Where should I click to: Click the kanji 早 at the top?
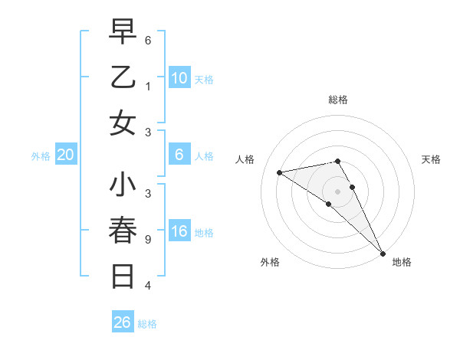[123, 32]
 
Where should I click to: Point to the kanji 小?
[123, 185]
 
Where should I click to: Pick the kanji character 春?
[123, 230]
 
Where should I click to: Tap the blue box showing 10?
[179, 78]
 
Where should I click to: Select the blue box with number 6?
[179, 155]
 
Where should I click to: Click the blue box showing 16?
[179, 232]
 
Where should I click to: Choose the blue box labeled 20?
[66, 155]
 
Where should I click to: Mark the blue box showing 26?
[122, 322]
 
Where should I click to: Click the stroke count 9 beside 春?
[148, 239]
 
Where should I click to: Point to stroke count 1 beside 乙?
[148, 87]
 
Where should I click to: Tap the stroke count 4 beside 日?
[148, 286]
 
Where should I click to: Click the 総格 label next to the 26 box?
[147, 324]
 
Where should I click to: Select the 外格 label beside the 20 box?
[41, 156]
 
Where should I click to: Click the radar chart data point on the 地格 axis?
[382, 253]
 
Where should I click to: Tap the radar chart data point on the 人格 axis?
[280, 172]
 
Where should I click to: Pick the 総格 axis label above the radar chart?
[337, 100]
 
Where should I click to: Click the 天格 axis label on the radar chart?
[431, 159]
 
